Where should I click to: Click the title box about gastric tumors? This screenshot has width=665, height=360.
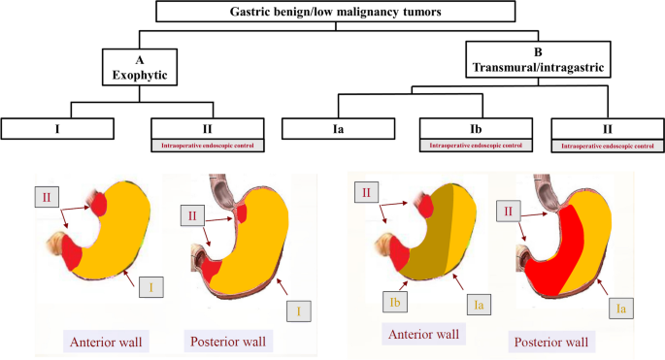coord(336,12)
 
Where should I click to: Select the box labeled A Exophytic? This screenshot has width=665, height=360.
coord(140,67)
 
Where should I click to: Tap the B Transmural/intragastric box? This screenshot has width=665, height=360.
coord(538,59)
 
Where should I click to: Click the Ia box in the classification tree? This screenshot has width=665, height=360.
coord(339,128)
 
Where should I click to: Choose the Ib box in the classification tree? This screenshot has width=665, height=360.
coord(476,128)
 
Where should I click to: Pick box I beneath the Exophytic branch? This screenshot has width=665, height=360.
coord(57,128)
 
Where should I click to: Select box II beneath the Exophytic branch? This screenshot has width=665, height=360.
coord(208,128)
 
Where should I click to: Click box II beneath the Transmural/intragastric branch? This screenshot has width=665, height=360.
coord(608,129)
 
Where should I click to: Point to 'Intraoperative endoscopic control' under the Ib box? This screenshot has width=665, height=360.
coord(476,146)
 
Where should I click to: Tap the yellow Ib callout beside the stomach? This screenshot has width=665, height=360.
coord(395,303)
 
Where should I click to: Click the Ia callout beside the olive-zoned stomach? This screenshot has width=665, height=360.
coord(479,305)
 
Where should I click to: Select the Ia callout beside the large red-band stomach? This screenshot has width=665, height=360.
coord(621,308)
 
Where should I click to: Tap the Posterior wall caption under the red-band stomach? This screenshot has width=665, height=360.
coord(551,342)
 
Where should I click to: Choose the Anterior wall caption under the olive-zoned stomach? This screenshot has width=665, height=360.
coord(423,334)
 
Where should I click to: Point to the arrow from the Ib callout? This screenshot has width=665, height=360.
coord(403,286)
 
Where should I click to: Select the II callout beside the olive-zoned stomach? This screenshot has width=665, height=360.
coord(366,192)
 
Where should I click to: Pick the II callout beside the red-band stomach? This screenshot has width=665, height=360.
coord(508,211)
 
